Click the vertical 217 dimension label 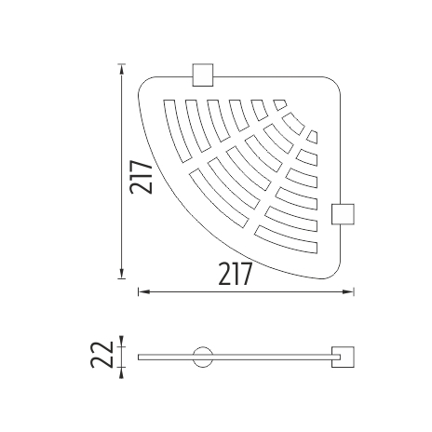pos(142,177)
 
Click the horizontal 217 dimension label pos(235,274)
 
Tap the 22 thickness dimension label pos(101,355)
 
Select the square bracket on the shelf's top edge pos(203,74)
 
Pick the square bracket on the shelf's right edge pos(343,214)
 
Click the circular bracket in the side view pos(203,357)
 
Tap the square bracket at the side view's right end pos(343,357)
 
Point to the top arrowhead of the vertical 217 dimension pos(122,69)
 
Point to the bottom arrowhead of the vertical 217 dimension pos(122,274)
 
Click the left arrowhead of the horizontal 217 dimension pos(143,291)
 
